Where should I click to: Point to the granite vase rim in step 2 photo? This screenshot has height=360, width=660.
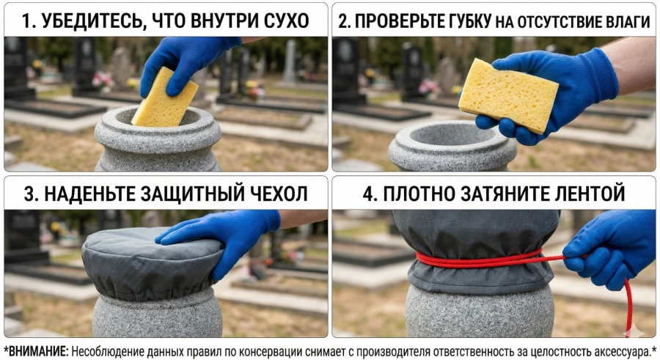click(452, 147)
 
